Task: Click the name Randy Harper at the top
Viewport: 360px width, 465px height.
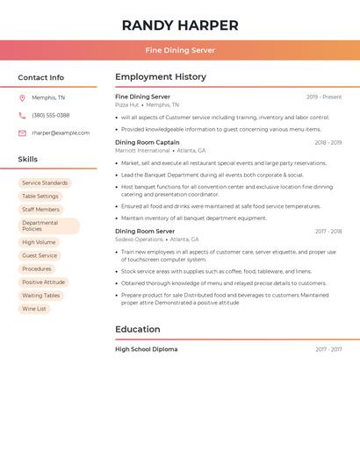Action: pyautogui.click(x=180, y=25)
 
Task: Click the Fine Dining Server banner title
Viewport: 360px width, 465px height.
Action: pyautogui.click(x=180, y=50)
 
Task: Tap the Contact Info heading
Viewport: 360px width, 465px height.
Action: pyautogui.click(x=41, y=77)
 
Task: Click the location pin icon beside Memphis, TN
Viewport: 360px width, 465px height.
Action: pyautogui.click(x=22, y=97)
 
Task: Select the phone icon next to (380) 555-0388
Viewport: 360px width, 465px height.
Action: pyautogui.click(x=22, y=115)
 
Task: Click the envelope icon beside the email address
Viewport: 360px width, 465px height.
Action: pyautogui.click(x=22, y=133)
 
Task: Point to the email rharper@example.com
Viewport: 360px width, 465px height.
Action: pyautogui.click(x=61, y=133)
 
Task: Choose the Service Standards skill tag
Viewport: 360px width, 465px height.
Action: pyautogui.click(x=45, y=183)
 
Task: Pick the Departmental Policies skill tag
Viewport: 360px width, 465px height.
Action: pyautogui.click(x=41, y=226)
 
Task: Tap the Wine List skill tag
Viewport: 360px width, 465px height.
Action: pyautogui.click(x=34, y=309)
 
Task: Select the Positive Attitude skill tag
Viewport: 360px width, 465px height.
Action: pyautogui.click(x=44, y=283)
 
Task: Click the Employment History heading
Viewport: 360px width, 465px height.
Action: pyautogui.click(x=161, y=77)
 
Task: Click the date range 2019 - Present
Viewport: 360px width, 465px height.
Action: pyautogui.click(x=324, y=97)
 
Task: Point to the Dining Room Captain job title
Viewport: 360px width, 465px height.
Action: pyautogui.click(x=148, y=142)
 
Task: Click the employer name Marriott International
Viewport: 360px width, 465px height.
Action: pyautogui.click(x=142, y=151)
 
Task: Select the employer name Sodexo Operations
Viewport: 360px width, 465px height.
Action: pyautogui.click(x=139, y=240)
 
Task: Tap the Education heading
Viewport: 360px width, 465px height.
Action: pyautogui.click(x=138, y=330)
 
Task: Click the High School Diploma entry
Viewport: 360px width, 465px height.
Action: pyautogui.click(x=147, y=349)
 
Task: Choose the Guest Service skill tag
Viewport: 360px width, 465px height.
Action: pyautogui.click(x=40, y=255)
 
